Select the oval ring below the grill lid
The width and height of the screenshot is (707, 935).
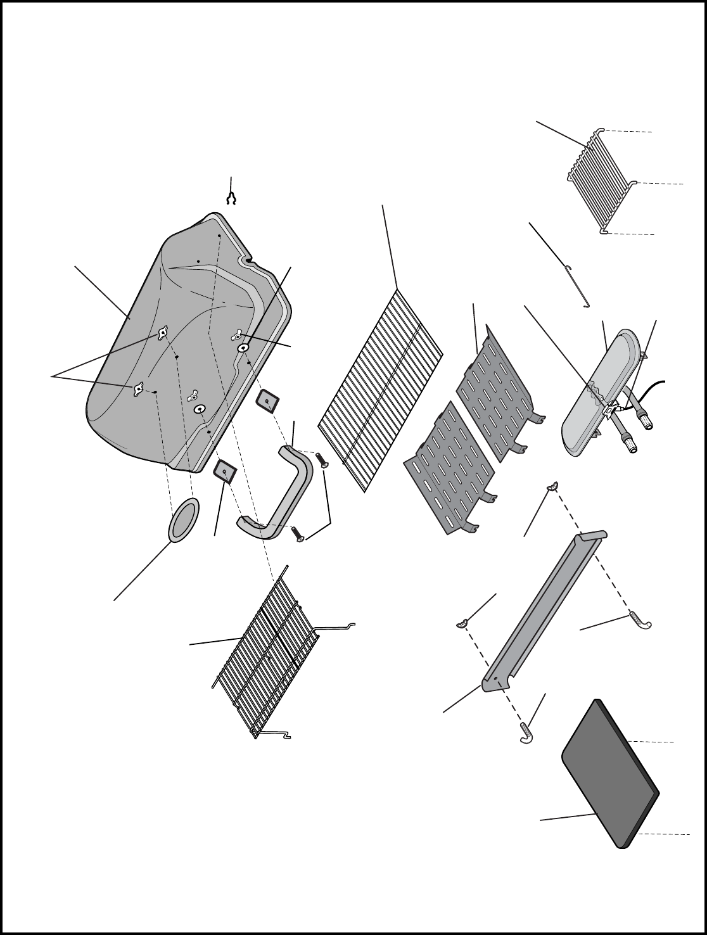[x=184, y=520]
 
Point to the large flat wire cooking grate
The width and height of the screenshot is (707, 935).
[x=380, y=390]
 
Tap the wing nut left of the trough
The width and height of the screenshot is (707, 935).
[x=462, y=625]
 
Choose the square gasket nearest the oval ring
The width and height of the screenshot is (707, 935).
[x=225, y=471]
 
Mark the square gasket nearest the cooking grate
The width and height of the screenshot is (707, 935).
[x=267, y=401]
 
